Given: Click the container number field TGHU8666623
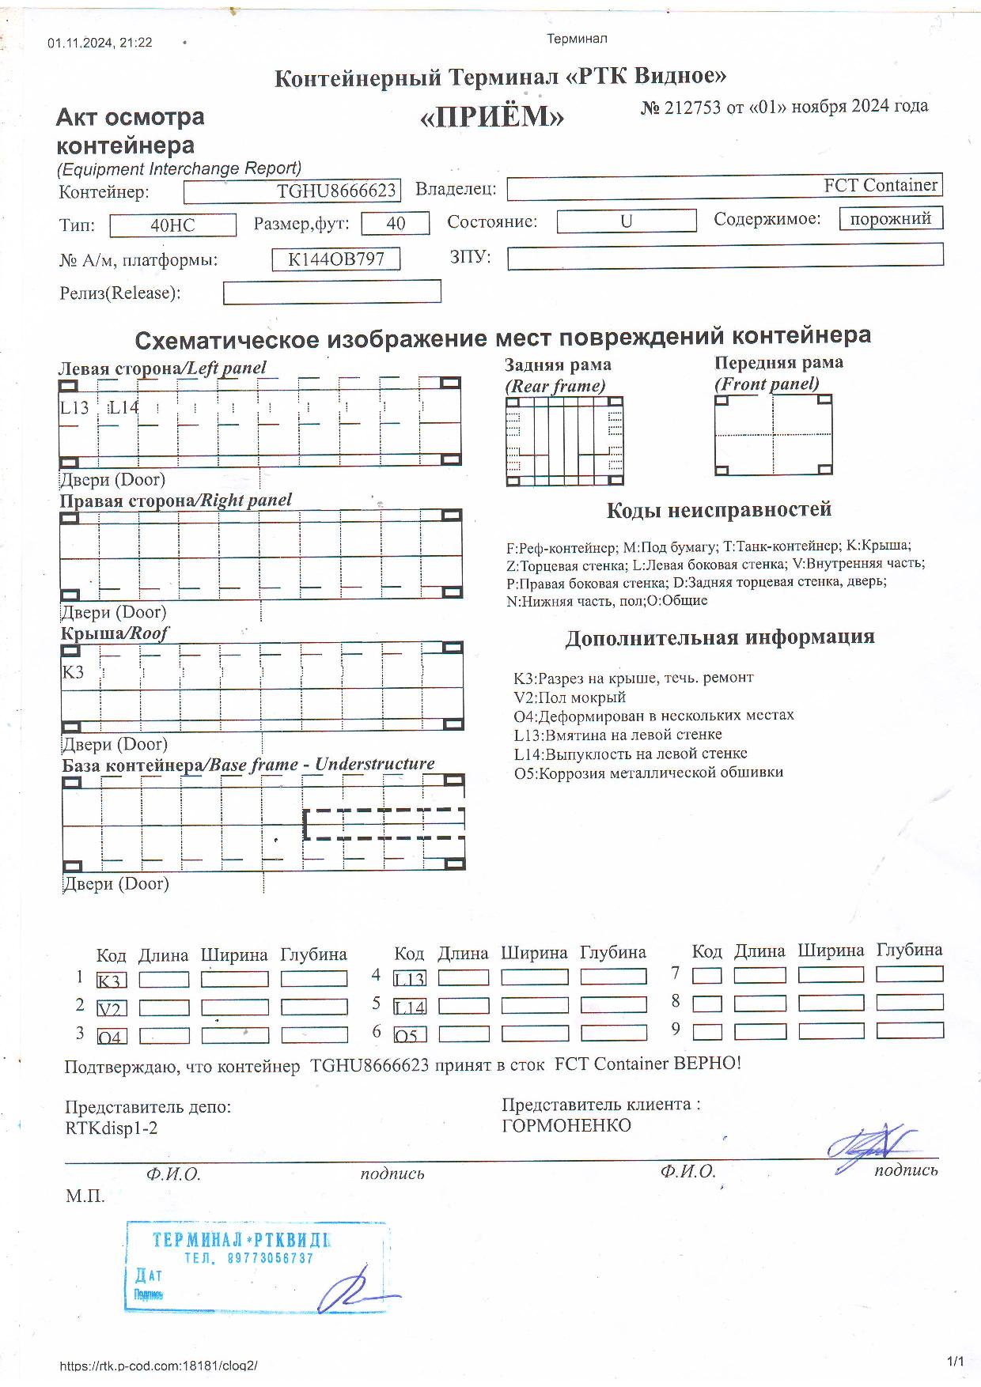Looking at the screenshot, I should (x=292, y=191).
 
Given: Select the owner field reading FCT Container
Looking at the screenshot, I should (x=724, y=187).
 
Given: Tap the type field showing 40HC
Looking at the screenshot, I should (x=172, y=225).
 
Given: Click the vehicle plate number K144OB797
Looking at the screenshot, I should (x=335, y=259).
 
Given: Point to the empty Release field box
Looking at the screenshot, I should (x=331, y=293).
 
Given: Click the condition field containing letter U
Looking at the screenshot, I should (x=626, y=221).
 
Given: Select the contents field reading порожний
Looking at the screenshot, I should (x=890, y=219).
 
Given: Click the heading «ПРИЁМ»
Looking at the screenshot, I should (x=491, y=117).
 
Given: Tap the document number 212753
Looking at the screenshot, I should (x=693, y=108).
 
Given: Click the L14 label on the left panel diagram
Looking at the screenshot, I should (x=123, y=407).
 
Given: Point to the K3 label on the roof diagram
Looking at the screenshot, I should (x=73, y=672).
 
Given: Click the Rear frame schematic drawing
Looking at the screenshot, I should (x=564, y=440).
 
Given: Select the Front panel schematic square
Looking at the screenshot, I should (x=773, y=435).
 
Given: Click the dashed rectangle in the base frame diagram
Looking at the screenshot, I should (x=384, y=824).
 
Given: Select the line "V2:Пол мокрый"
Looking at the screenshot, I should (x=570, y=697).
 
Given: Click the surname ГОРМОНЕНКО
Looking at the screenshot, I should (x=566, y=1125).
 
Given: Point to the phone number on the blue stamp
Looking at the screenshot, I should (x=248, y=1257).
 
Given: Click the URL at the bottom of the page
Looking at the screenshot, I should (x=158, y=1366).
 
